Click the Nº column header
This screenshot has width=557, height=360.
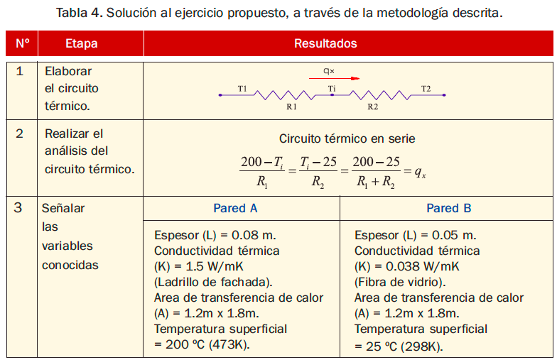coord(21,44)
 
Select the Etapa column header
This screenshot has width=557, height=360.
coord(81,44)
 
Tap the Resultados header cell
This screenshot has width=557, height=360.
coord(325,44)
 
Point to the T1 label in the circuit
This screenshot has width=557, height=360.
coord(242,89)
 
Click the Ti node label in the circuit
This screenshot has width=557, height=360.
coord(332,89)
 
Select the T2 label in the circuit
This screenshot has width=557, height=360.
coord(426,89)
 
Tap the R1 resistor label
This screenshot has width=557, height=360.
coord(291,107)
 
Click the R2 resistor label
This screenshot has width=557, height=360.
coord(372,107)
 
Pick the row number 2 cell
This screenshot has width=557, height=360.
coord(20,133)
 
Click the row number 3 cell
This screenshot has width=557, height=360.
coord(20,208)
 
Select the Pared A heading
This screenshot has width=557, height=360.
coord(235,209)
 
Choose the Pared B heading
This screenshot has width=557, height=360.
coord(448,209)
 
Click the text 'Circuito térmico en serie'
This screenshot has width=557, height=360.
coord(347,139)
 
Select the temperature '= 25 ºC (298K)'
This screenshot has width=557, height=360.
coord(399,346)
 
